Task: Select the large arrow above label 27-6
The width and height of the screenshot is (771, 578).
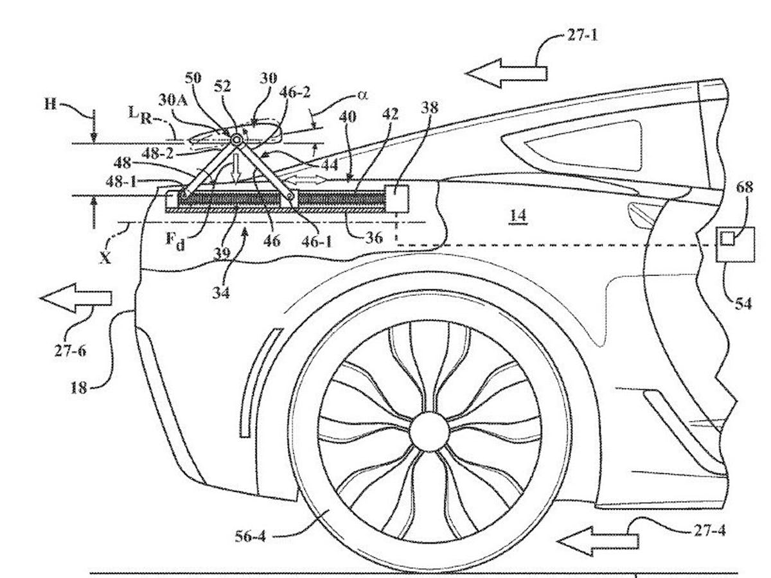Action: pos(76,298)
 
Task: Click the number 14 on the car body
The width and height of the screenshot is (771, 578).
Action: pos(517,216)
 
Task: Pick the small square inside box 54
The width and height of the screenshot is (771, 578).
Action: pos(727,239)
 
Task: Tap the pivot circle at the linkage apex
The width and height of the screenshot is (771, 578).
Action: pos(236,139)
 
